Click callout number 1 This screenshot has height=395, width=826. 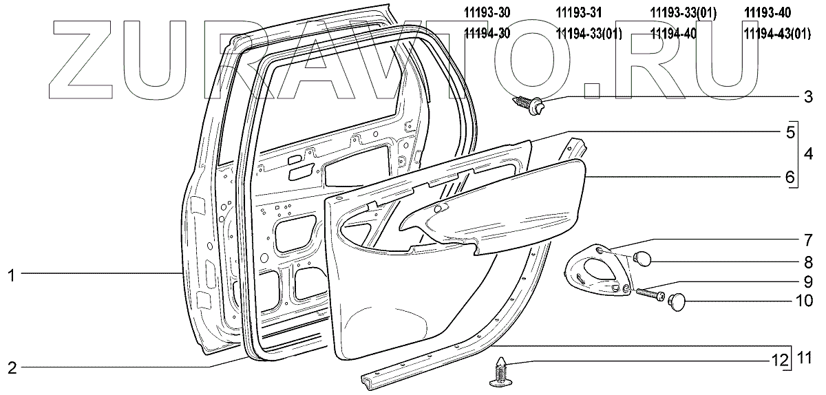coord(11,275)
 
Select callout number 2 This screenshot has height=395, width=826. coord(11,367)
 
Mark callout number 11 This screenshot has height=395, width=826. coord(805,357)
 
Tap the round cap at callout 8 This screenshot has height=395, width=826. coord(642,259)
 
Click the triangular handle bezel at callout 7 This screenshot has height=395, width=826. coord(596,275)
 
